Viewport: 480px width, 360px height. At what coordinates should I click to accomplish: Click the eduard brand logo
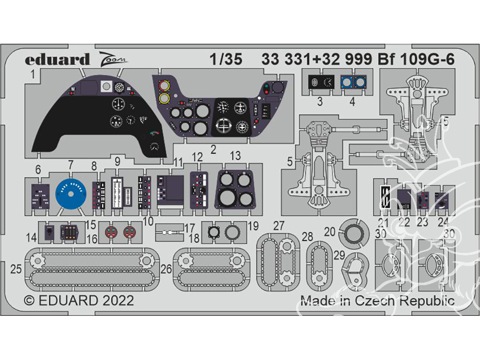pos(57,60)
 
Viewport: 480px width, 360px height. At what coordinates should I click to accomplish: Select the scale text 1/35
pos(226,60)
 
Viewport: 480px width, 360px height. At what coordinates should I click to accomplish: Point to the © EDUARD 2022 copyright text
pos(79,301)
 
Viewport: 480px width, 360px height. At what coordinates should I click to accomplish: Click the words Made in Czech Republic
pos(377,301)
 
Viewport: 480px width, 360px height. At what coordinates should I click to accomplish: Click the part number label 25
pos(16,269)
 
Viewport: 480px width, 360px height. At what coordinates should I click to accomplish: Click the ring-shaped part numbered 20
pos(355,234)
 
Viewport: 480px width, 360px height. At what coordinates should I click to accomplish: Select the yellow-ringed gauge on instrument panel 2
pos(164,99)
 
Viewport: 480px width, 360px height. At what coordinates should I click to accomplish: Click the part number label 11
pos(179,162)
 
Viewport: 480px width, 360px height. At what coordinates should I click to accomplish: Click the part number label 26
pos(166,270)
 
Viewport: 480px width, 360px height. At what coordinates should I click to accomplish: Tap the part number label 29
pos(339,255)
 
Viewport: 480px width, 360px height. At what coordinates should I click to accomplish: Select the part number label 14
pos(32,236)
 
